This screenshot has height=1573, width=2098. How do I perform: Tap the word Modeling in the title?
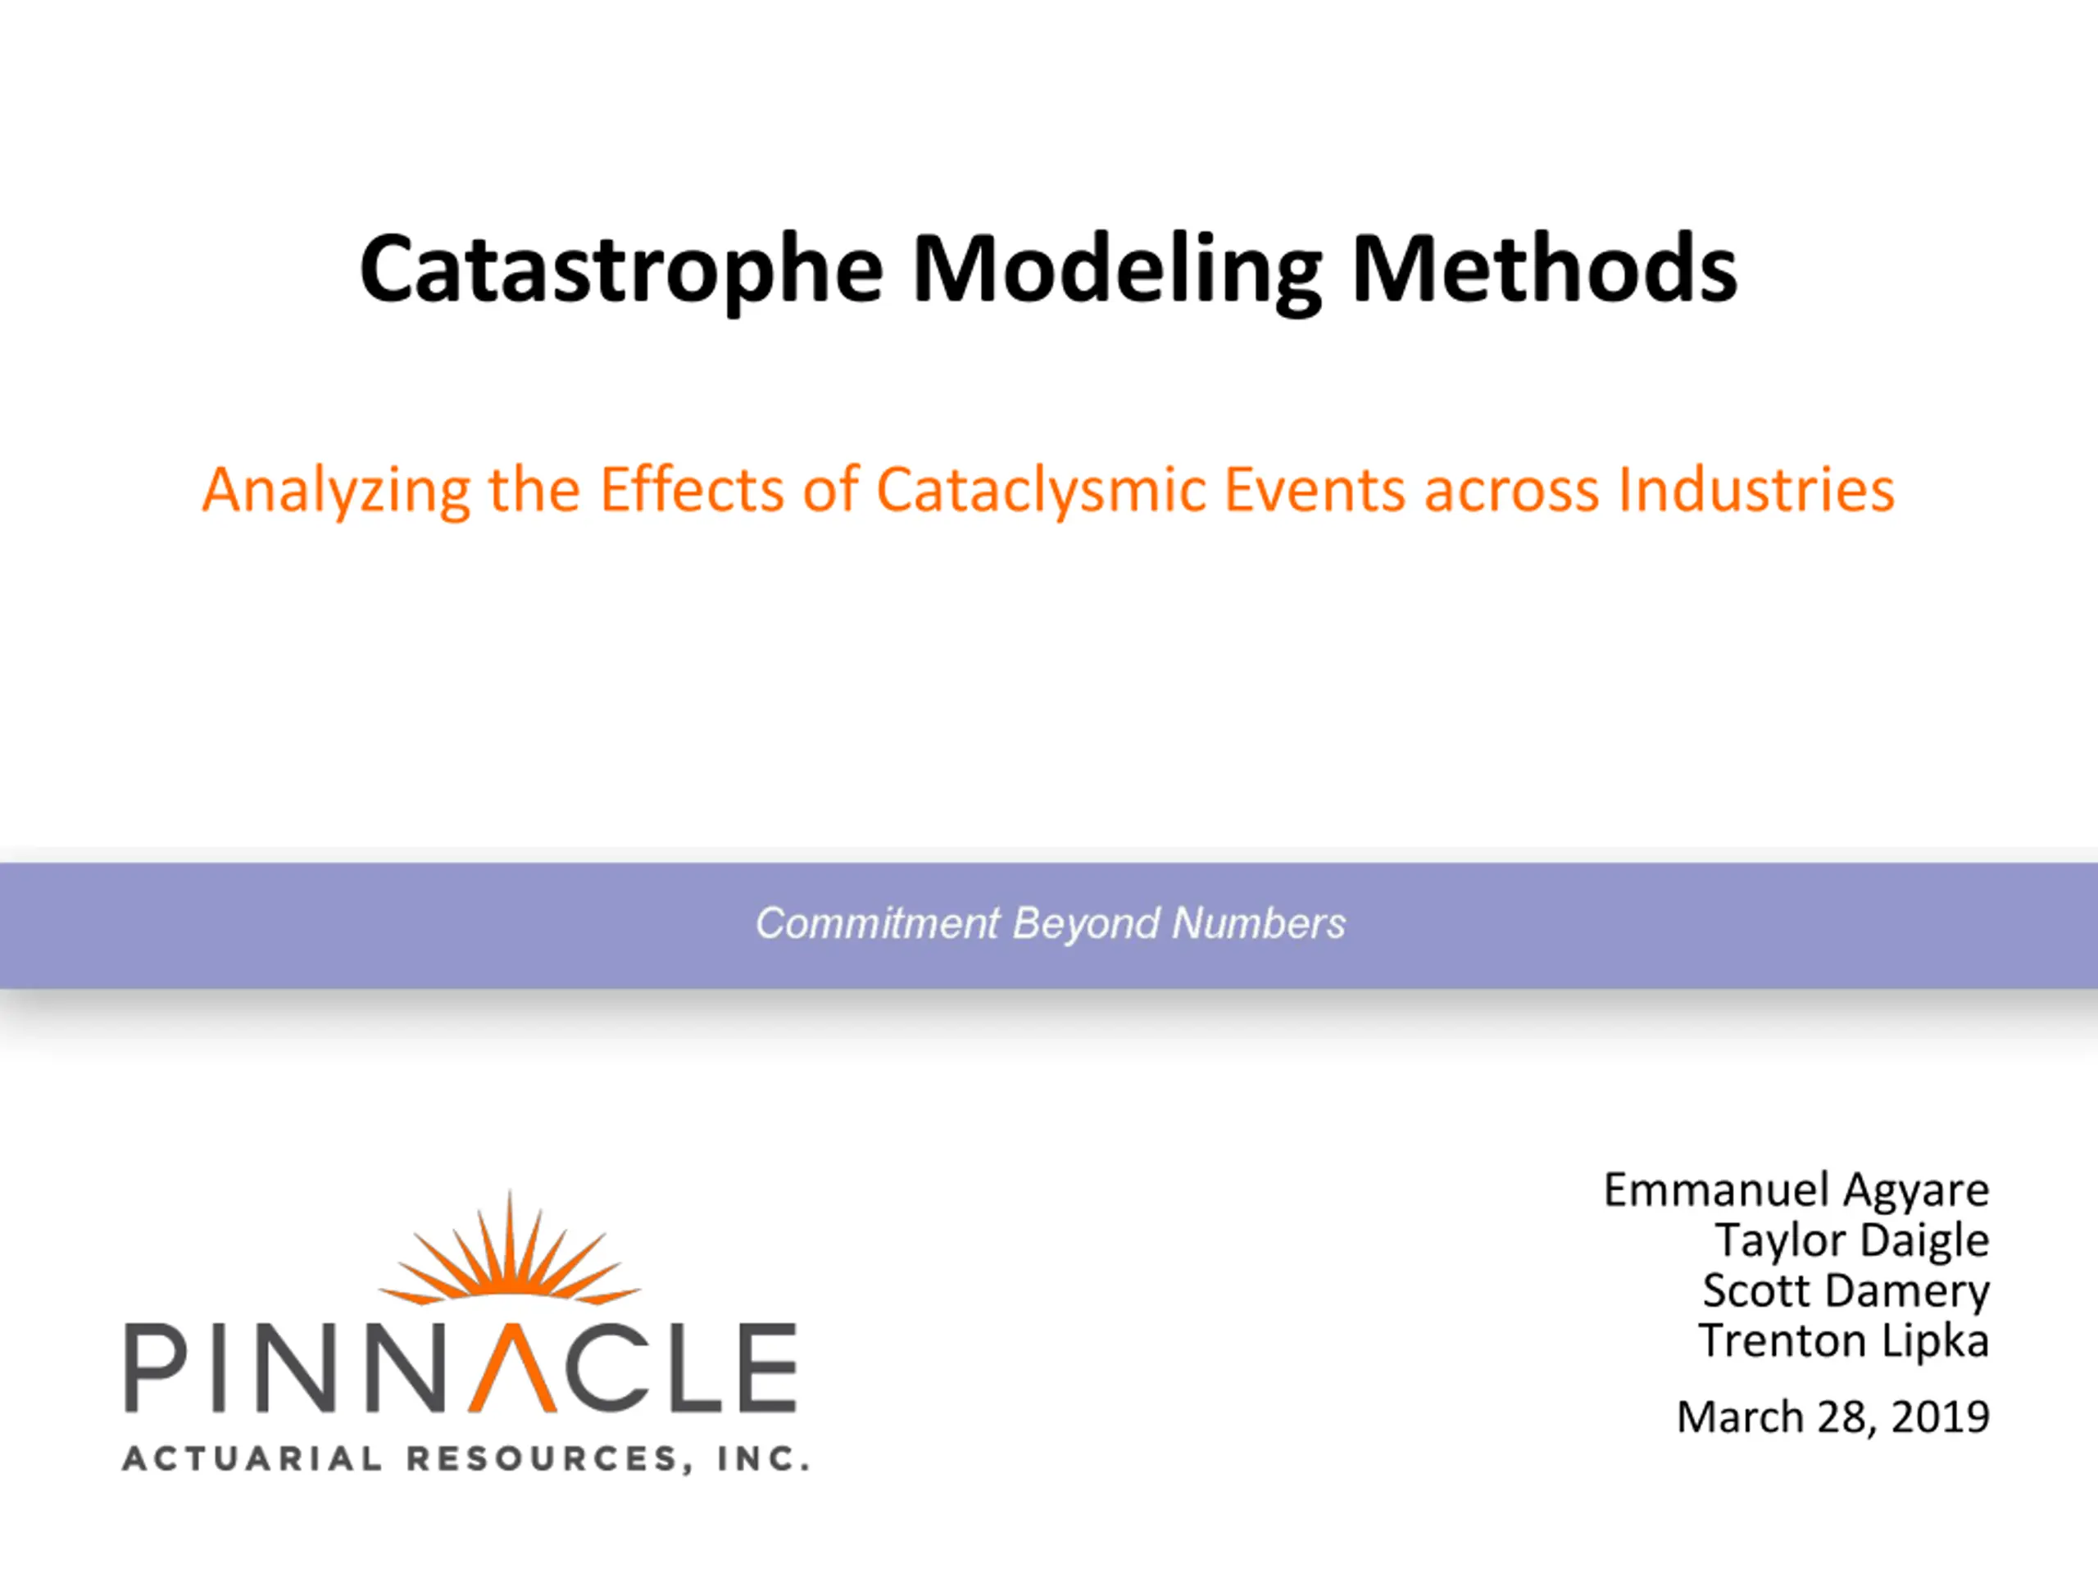point(1117,272)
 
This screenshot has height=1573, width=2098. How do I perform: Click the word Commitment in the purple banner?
point(878,922)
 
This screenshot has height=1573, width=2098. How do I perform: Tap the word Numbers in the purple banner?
point(1259,922)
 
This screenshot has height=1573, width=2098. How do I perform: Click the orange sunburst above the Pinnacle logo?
point(509,1249)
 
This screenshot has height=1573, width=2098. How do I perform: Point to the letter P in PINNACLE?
point(157,1367)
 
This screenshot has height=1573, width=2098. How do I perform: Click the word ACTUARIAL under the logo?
point(252,1458)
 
